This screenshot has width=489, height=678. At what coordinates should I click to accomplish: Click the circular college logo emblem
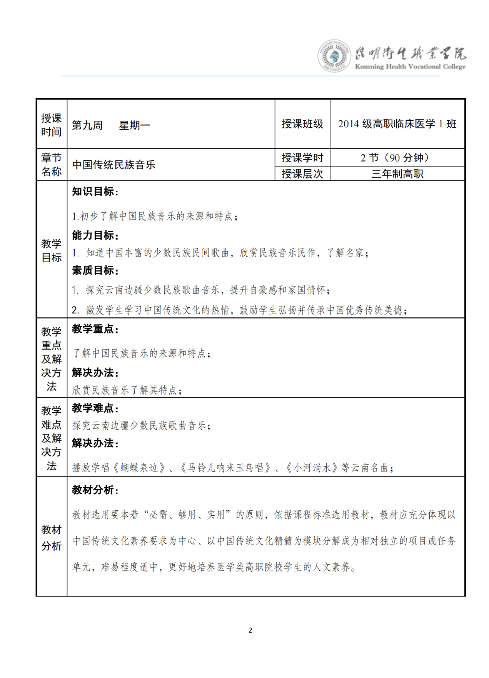click(334, 56)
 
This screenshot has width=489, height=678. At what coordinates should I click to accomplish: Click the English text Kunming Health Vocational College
click(410, 67)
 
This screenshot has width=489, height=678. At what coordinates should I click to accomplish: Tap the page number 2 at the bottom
click(250, 630)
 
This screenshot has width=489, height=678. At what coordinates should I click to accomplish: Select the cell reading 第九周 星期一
click(111, 125)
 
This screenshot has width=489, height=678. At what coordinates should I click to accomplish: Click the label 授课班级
click(302, 124)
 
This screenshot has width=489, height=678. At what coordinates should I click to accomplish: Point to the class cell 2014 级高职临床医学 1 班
click(397, 124)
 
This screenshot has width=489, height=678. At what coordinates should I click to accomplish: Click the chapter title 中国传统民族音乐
click(114, 165)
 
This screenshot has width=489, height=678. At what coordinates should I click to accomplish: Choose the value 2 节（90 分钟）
click(397, 158)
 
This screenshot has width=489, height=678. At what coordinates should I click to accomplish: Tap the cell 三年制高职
click(397, 174)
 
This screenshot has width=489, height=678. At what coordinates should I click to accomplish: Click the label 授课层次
click(302, 174)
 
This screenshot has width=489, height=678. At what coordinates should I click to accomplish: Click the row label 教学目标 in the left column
click(52, 250)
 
